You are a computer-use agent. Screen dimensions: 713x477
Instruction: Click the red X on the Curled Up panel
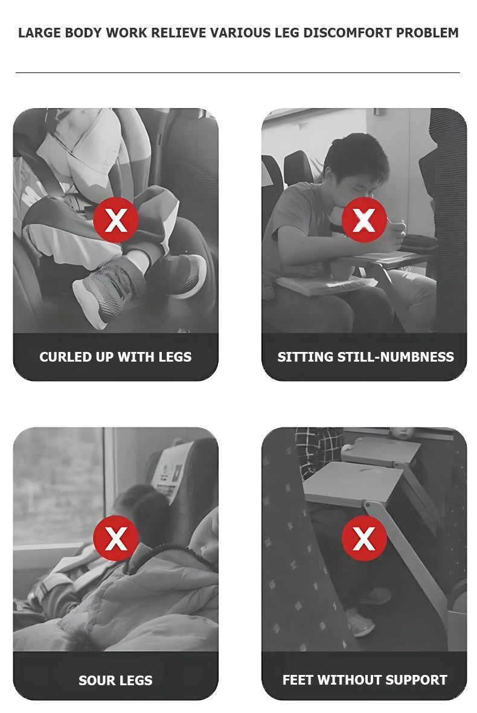pyautogui.click(x=115, y=220)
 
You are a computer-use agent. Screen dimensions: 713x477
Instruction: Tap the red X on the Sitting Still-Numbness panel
pyautogui.click(x=364, y=220)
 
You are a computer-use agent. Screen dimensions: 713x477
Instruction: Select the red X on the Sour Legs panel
pyautogui.click(x=115, y=539)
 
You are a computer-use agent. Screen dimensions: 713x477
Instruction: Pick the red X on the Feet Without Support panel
pyautogui.click(x=364, y=539)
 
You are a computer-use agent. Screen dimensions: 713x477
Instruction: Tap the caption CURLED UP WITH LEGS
pyautogui.click(x=115, y=357)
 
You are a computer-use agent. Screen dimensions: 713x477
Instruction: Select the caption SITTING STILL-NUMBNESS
pyautogui.click(x=365, y=357)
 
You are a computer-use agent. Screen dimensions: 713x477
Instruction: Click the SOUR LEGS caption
pyautogui.click(x=115, y=680)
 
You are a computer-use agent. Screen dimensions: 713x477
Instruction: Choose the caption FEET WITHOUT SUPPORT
pyautogui.click(x=365, y=680)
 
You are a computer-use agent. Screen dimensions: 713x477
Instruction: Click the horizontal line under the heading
pyautogui.click(x=238, y=72)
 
